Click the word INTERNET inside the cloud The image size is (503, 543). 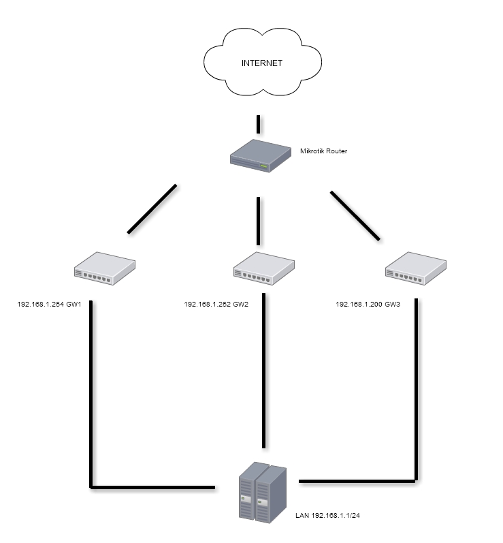click(x=262, y=63)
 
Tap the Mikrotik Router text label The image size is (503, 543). click(x=323, y=151)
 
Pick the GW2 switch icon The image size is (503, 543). click(x=263, y=268)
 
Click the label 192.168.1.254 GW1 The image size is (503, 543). click(x=49, y=305)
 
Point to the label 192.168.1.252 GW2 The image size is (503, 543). click(x=216, y=305)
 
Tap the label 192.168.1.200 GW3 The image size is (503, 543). click(x=368, y=305)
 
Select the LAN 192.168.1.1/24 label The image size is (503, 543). click(x=327, y=516)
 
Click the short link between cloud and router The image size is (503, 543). click(x=259, y=124)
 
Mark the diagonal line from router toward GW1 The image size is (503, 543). click(x=152, y=208)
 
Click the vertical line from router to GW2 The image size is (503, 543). click(x=259, y=220)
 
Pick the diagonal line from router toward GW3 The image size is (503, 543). click(x=355, y=216)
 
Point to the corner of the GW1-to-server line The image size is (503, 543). click(x=91, y=486)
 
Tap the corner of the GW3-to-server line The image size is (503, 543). click(x=415, y=480)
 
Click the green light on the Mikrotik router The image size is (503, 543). click(x=264, y=166)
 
